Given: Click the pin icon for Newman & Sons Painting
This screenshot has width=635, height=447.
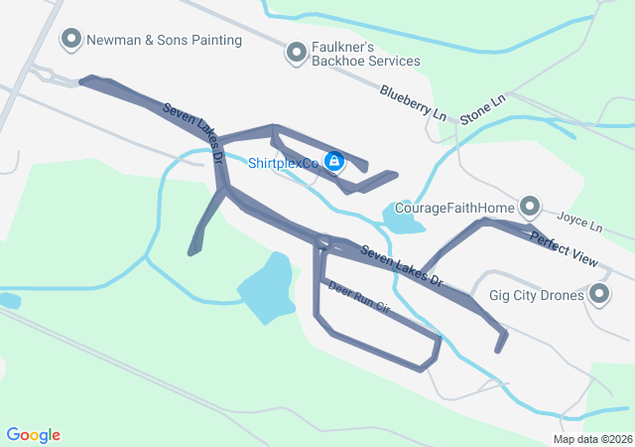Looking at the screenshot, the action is [71, 40].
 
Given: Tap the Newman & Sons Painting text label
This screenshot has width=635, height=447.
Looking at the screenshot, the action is [164, 41].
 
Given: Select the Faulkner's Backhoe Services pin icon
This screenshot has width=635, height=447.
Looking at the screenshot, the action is [296, 53].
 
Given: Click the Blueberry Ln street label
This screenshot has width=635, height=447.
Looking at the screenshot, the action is [412, 102].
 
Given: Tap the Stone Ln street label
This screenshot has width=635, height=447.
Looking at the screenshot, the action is [482, 108].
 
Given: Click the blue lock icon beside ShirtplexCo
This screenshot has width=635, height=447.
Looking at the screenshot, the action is [335, 160].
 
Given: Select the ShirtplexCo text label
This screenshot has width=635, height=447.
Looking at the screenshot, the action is [284, 162].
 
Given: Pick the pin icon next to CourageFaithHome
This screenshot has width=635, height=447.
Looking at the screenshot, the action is [530, 207].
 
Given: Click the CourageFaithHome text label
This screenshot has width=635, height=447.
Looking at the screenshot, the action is [454, 208].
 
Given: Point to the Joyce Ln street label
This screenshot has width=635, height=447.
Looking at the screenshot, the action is [579, 221].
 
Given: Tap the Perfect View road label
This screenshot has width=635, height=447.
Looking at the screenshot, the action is [564, 249].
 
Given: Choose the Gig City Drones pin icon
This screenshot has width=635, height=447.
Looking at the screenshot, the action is [599, 294].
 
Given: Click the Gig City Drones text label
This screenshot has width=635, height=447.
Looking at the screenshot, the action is [536, 295].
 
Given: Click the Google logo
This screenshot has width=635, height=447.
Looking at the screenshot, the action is [33, 435].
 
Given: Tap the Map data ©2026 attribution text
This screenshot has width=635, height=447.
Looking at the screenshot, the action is [591, 439].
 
